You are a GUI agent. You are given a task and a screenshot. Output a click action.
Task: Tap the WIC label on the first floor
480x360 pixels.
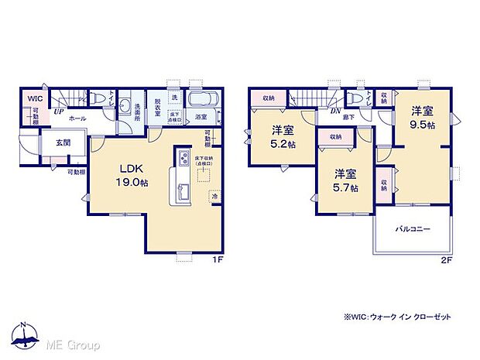pyautogui.click(x=35, y=99)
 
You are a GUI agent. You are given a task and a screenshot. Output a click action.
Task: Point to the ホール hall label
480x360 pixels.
pyautogui.click(x=77, y=118)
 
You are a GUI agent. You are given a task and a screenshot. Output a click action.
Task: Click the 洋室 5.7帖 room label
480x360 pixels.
pyautogui.click(x=345, y=181)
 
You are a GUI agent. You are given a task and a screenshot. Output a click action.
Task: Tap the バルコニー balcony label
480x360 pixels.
pyautogui.click(x=412, y=230)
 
